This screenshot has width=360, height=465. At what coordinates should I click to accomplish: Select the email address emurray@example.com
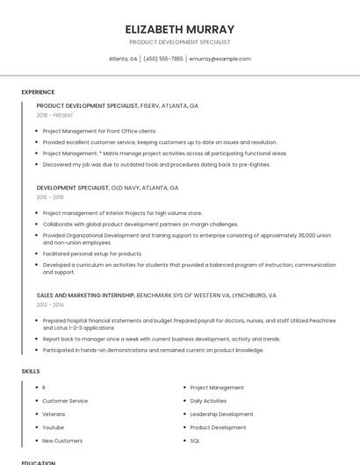[220, 59]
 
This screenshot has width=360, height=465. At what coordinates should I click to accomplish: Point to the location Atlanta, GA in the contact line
[123, 59]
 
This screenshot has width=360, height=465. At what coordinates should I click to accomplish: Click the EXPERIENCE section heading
[38, 92]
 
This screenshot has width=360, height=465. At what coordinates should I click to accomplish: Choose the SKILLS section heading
[31, 371]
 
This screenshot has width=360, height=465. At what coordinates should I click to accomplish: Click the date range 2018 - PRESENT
[55, 115]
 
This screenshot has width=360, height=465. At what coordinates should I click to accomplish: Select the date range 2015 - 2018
[50, 197]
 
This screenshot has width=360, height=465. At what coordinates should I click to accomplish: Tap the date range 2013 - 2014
[50, 304]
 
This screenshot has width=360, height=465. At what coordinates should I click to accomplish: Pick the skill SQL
[195, 440]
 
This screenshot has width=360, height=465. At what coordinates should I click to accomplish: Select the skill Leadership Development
[221, 414]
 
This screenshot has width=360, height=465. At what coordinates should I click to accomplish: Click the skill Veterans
[54, 414]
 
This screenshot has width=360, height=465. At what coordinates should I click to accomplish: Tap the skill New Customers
[62, 440]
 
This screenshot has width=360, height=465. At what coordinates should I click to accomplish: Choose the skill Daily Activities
[208, 401]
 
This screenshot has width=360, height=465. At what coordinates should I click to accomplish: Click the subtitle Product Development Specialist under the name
[180, 42]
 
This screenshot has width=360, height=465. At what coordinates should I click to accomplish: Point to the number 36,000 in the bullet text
[307, 235]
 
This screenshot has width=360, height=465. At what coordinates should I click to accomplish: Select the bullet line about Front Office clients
[98, 131]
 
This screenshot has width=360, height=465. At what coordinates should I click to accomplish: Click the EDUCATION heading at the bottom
[39, 462]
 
